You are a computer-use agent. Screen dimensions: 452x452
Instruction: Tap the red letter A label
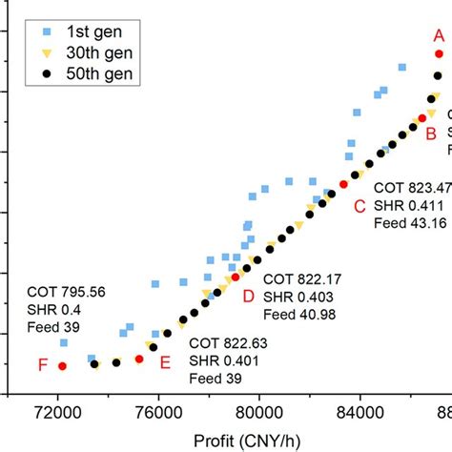pyautogui.click(x=440, y=33)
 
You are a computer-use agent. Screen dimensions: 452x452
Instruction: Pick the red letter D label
pyautogui.click(x=248, y=297)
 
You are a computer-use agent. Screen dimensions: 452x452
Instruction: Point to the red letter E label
pyautogui.click(x=166, y=361)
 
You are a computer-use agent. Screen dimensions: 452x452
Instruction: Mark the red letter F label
pyautogui.click(x=42, y=364)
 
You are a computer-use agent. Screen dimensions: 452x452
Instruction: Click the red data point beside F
pyautogui.click(x=62, y=365)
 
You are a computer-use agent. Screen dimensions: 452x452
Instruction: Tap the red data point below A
pyautogui.click(x=439, y=53)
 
